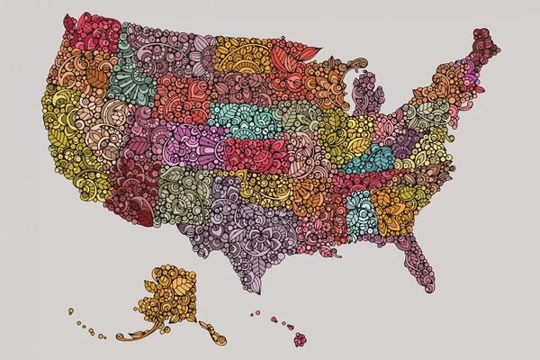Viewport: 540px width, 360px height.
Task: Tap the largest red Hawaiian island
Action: (x=300, y=338)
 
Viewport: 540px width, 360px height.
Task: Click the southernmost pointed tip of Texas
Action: (x=257, y=291)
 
